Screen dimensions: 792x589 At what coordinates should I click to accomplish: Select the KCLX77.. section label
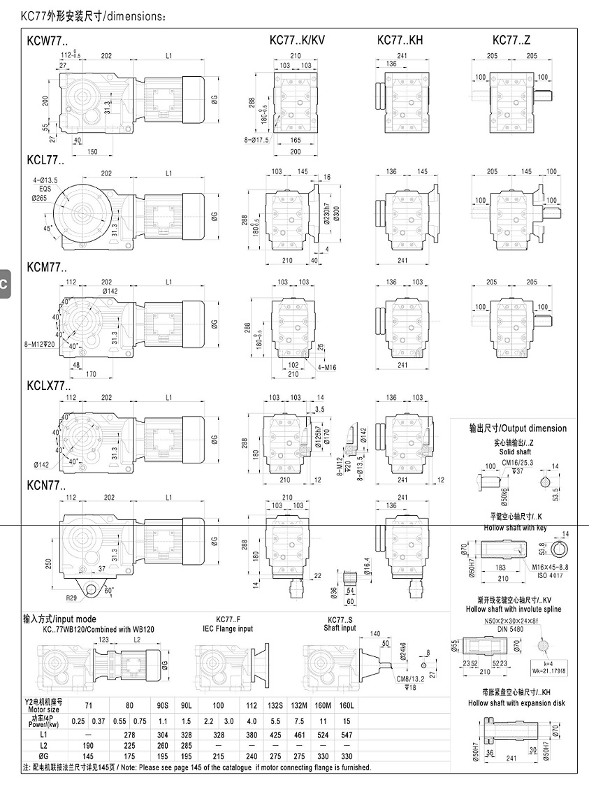tap(49, 384)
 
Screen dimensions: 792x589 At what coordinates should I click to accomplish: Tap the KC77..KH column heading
tap(400, 41)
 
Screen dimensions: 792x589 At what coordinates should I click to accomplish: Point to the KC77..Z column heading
tap(513, 41)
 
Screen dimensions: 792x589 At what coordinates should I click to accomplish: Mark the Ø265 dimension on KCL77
tap(41, 198)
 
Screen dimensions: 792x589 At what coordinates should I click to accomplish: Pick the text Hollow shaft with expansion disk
tap(516, 703)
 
